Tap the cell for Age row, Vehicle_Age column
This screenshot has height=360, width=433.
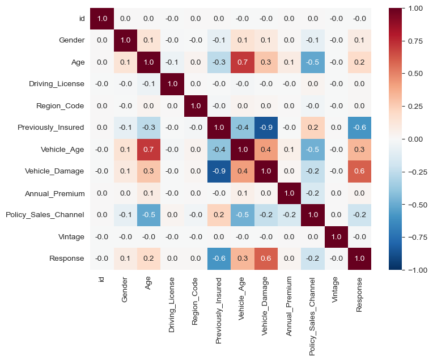(x=241, y=62)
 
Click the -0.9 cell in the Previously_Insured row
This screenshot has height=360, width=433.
(x=264, y=128)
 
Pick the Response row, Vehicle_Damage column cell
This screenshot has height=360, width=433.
(x=264, y=258)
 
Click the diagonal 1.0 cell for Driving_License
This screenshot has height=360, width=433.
(x=171, y=84)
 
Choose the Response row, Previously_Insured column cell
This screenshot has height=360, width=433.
(x=218, y=258)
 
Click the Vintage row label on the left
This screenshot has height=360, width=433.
(x=71, y=236)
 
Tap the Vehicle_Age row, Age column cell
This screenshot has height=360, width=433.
(x=148, y=149)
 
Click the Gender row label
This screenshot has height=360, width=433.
(x=71, y=40)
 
